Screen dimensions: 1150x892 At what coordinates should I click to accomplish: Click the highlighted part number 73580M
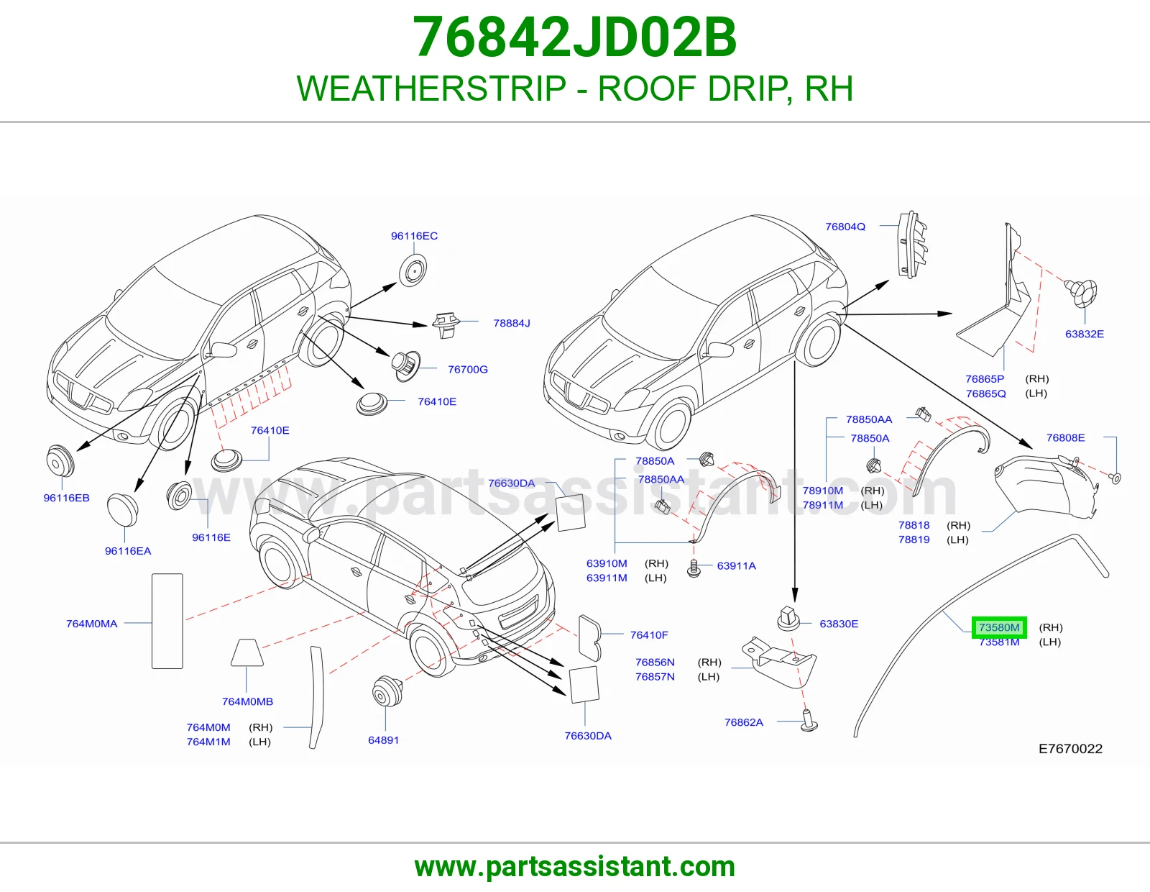pos(999,628)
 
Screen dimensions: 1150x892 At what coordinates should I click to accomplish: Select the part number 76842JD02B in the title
pos(575,37)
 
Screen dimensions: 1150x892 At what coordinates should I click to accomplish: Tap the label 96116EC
pos(415,236)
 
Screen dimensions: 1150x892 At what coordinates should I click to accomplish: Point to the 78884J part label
pos(512,323)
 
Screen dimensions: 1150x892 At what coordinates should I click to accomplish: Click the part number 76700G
pos(468,369)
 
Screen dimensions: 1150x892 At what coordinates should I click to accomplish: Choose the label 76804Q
pos(845,227)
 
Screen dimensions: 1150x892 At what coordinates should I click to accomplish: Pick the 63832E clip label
pos(1085,334)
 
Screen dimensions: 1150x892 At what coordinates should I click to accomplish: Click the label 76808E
pos(1065,437)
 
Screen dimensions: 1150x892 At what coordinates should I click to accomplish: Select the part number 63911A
pos(736,565)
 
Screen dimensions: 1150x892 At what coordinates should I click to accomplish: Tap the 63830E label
pos(839,624)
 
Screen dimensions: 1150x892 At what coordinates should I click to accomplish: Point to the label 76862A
pos(744,722)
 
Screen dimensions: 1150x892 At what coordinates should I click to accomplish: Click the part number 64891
pos(383,740)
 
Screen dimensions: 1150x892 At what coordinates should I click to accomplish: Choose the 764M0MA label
pos(91,624)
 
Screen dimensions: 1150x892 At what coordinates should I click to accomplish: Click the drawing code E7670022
pos(1070,748)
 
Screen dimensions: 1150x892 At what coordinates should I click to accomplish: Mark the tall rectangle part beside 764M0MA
pos(167,621)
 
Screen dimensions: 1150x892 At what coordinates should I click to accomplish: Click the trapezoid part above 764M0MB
pos(247,652)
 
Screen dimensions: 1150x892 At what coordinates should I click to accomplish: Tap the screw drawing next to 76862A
pos(810,721)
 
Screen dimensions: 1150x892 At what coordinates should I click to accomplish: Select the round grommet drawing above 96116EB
pos(60,461)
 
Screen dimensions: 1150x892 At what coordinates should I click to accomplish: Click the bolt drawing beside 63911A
pos(694,568)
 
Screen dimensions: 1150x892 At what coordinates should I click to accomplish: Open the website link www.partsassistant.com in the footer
pos(575,867)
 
